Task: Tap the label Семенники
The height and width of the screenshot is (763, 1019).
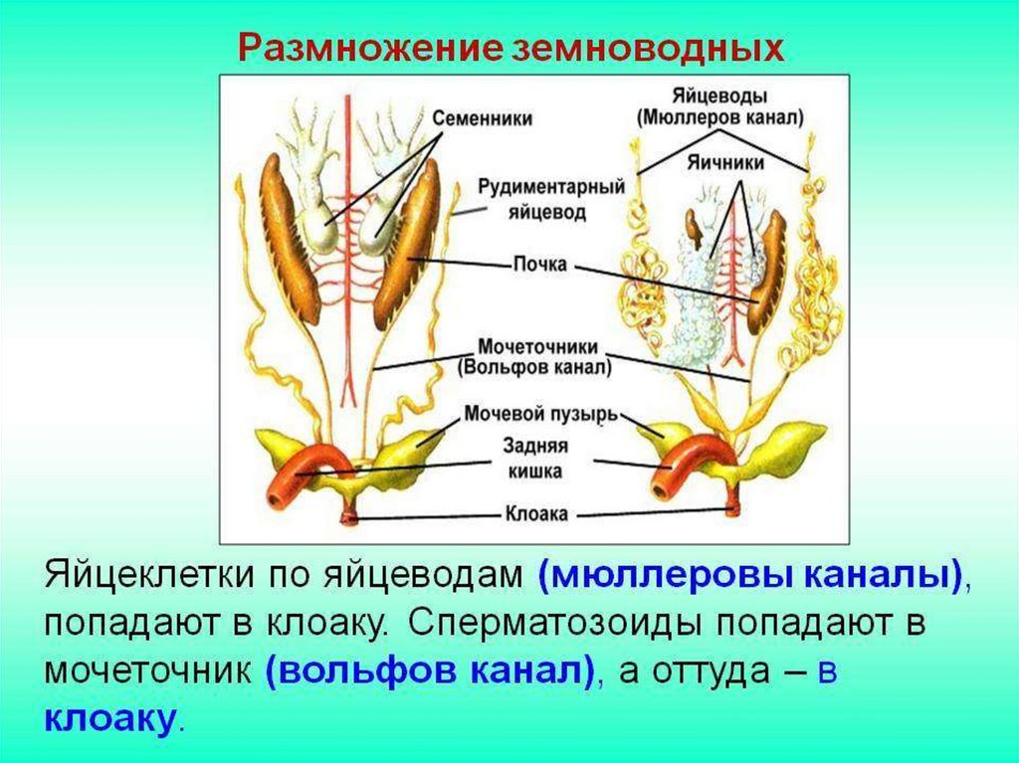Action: (x=482, y=117)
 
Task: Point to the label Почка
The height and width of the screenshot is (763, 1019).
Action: (x=540, y=266)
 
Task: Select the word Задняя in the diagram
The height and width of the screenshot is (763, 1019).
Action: (x=538, y=449)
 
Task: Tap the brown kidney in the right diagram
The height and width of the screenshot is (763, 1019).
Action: (x=769, y=271)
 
